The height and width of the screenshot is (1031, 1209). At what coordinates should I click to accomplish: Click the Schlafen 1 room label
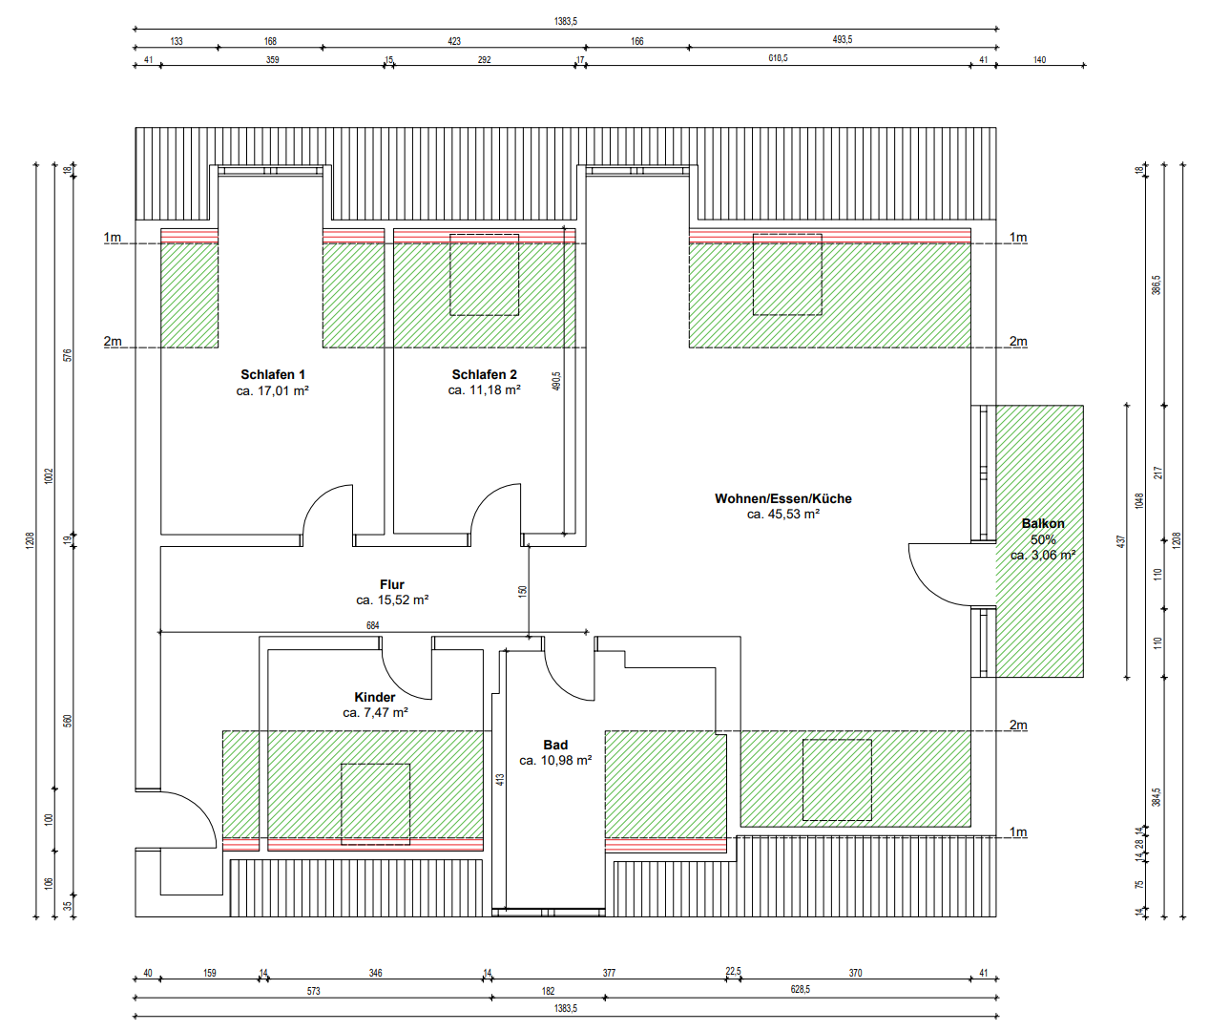[x=273, y=374]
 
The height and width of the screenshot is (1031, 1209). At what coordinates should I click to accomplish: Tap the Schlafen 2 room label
[x=484, y=374]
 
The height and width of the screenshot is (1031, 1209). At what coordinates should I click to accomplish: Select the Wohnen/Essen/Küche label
[x=782, y=498]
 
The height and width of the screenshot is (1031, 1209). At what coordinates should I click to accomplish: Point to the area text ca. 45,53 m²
[x=782, y=515]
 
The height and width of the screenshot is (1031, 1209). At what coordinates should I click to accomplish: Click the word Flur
[x=392, y=584]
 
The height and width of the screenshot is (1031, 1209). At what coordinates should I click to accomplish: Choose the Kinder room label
[x=375, y=697]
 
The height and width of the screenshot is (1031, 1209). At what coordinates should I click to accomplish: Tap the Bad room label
[x=555, y=745]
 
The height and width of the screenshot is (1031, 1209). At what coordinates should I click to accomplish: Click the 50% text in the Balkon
[x=1043, y=539]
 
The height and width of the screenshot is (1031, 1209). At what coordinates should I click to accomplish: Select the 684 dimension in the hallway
[x=373, y=626]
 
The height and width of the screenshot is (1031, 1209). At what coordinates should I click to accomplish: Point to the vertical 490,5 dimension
[x=556, y=381]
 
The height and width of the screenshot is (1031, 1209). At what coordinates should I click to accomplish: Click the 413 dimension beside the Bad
[x=500, y=780]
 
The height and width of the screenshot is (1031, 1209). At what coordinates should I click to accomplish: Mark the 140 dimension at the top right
[x=1039, y=60]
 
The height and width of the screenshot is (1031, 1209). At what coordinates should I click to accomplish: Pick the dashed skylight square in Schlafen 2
[x=484, y=275]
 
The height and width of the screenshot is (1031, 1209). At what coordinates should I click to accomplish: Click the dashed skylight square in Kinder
[x=375, y=804]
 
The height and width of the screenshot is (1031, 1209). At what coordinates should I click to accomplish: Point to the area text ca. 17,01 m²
[x=273, y=391]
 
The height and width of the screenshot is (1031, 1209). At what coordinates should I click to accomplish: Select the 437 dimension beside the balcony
[x=1121, y=541]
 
